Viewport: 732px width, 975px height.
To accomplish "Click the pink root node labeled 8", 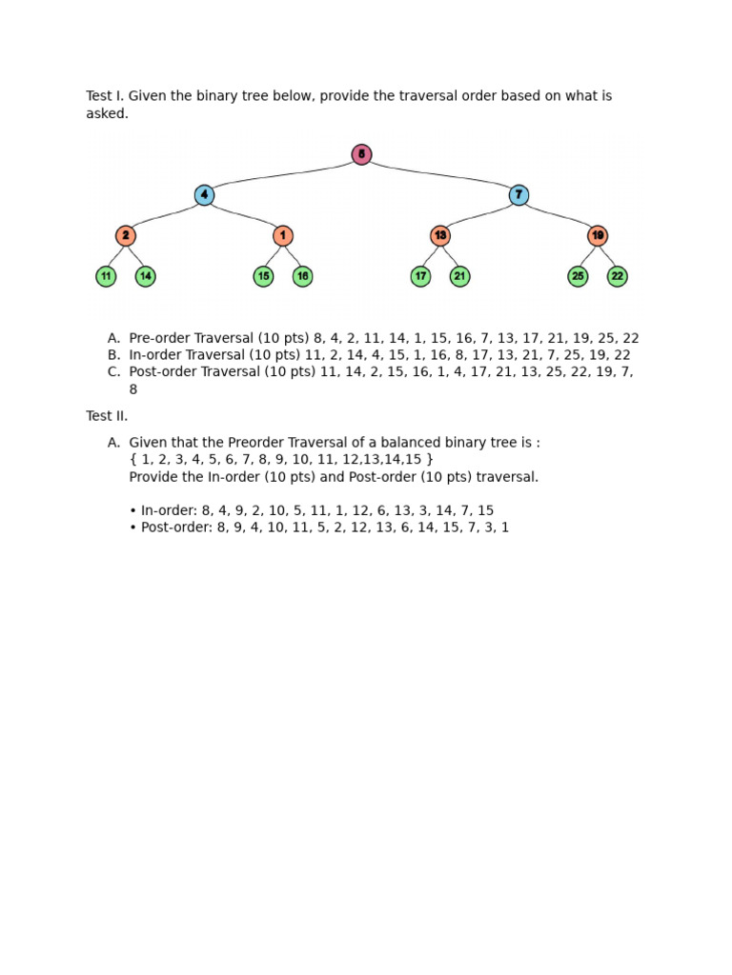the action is pos(361,154).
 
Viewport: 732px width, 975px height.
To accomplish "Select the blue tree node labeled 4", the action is pos(204,195).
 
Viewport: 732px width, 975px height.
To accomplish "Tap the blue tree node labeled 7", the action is pos(518,195).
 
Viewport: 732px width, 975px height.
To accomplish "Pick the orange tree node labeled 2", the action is pos(126,235).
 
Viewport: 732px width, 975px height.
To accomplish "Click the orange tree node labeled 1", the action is pos(283,235).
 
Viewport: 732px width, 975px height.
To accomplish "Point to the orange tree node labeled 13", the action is pos(439,235).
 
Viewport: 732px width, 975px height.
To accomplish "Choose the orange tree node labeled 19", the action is pos(598,235).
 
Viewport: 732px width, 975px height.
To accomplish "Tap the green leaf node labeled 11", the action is pos(106,276).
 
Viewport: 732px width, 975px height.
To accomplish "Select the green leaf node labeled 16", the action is pos(302,276).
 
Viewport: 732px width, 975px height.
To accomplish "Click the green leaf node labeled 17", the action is pos(420,276).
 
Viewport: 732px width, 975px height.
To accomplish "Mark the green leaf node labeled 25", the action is pos(578,276).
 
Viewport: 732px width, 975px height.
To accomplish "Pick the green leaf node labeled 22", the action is pos(618,276).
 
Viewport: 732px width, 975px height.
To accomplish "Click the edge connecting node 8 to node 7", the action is pos(440,173).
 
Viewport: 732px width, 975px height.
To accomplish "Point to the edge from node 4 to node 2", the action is pos(164,215).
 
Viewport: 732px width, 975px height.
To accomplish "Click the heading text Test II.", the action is pos(107,416).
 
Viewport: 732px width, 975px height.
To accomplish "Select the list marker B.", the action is pos(113,355).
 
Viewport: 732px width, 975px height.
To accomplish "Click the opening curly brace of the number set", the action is pos(132,460).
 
